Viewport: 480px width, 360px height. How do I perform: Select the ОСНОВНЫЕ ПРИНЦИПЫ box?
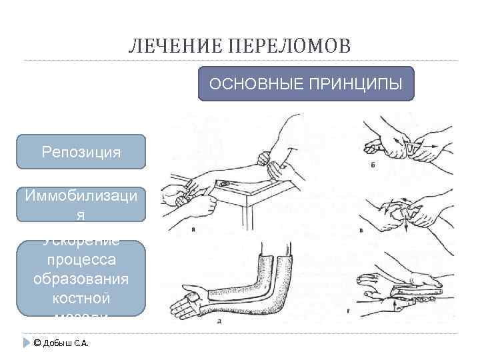[306, 84]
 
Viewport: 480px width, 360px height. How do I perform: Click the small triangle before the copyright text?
[27, 343]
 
